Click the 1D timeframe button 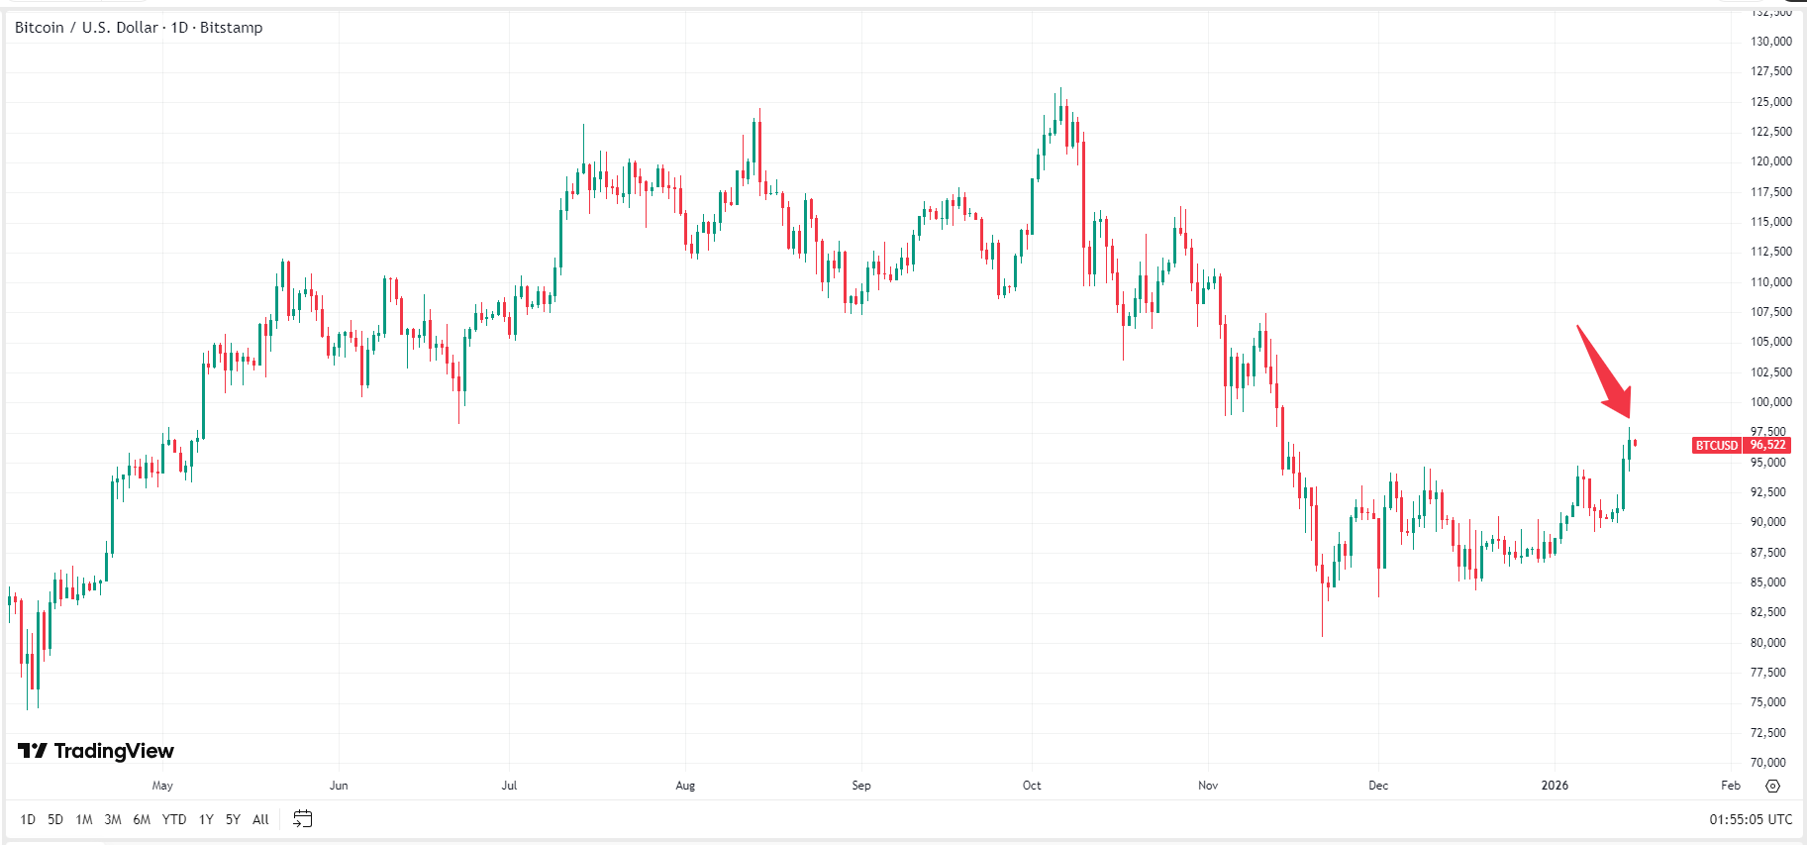point(28,819)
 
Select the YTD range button point(174,819)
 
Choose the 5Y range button point(233,819)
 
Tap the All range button point(260,819)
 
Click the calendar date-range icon point(303,819)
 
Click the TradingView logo point(96,751)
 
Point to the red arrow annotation point(1605,373)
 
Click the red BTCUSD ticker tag point(1716,446)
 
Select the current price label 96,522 point(1767,446)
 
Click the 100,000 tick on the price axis point(1770,402)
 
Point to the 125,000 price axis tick point(1770,102)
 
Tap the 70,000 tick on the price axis point(1770,763)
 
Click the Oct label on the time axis point(1032,786)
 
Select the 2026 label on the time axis point(1555,786)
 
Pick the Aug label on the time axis point(685,786)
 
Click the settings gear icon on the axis point(1772,786)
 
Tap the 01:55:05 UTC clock point(1750,819)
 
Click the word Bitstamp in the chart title point(231,28)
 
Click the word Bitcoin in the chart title point(40,28)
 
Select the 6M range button point(142,819)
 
